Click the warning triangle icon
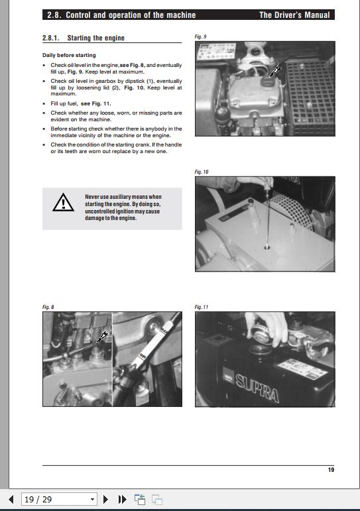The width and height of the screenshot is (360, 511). pyautogui.click(x=64, y=203)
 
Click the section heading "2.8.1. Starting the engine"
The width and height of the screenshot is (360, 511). pyautogui.click(x=83, y=38)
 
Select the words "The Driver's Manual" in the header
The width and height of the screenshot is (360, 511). pyautogui.click(x=294, y=15)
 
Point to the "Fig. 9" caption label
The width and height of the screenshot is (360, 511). pyautogui.click(x=200, y=36)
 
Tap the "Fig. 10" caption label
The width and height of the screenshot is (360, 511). pyautogui.click(x=202, y=172)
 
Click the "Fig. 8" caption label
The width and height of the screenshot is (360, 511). pyautogui.click(x=48, y=307)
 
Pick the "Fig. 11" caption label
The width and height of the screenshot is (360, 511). pyautogui.click(x=202, y=307)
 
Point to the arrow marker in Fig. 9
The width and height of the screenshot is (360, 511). pyautogui.click(x=274, y=71)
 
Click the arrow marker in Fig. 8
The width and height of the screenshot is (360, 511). pyautogui.click(x=101, y=337)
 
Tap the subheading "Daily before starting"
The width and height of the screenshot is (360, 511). pyautogui.click(x=69, y=55)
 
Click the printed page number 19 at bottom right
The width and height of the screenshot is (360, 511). pyautogui.click(x=330, y=470)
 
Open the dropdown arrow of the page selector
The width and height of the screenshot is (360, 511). pyautogui.click(x=92, y=499)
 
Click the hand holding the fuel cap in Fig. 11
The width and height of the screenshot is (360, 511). pyautogui.click(x=263, y=323)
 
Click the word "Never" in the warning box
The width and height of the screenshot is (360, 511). pyautogui.click(x=92, y=197)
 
